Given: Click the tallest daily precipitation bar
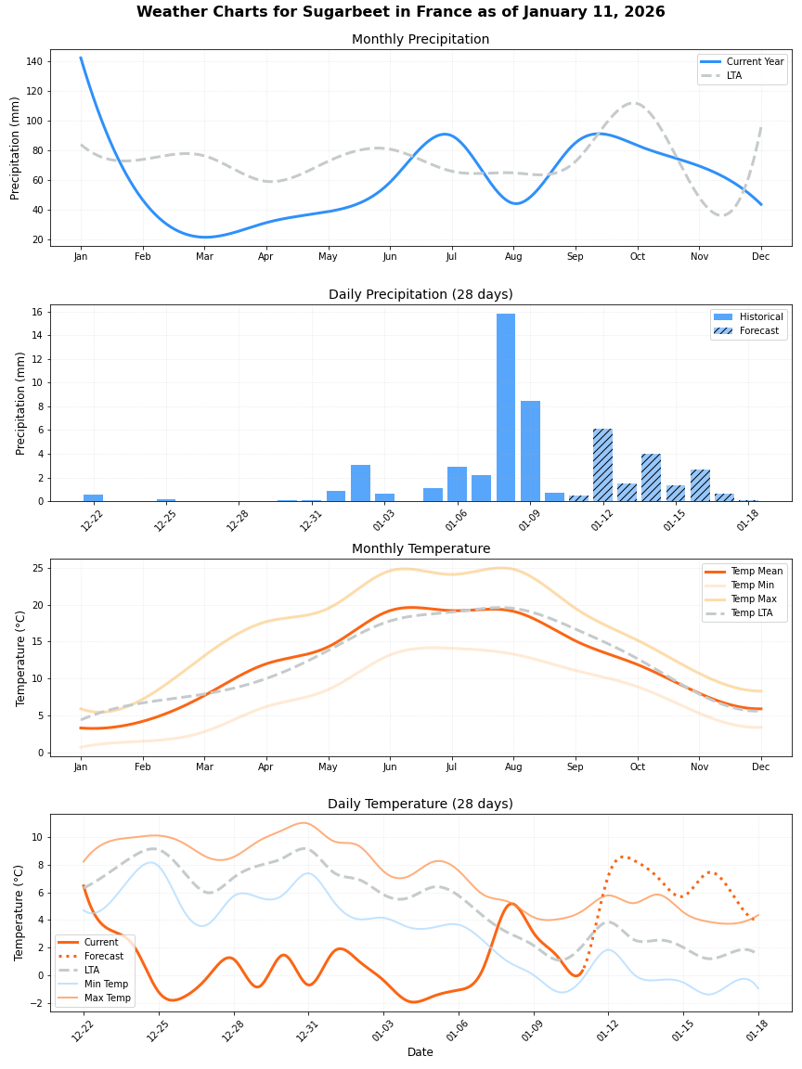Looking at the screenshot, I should pyautogui.click(x=506, y=408).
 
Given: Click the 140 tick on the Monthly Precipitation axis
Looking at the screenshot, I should pyautogui.click(x=34, y=61).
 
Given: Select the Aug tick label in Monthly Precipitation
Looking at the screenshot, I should pyautogui.click(x=513, y=257).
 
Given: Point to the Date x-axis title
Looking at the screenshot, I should pyautogui.click(x=420, y=1052).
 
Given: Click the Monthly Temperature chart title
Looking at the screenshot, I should pyautogui.click(x=420, y=549).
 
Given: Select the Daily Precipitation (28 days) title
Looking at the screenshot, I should pyautogui.click(x=420, y=295).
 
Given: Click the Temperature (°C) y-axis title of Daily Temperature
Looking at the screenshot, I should pyautogui.click(x=20, y=912).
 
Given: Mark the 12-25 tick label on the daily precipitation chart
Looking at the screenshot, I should pyautogui.click(x=166, y=521).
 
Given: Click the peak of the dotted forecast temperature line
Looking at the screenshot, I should pyautogui.click(x=623, y=856).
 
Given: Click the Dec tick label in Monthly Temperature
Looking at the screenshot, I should pyautogui.click(x=760, y=767).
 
